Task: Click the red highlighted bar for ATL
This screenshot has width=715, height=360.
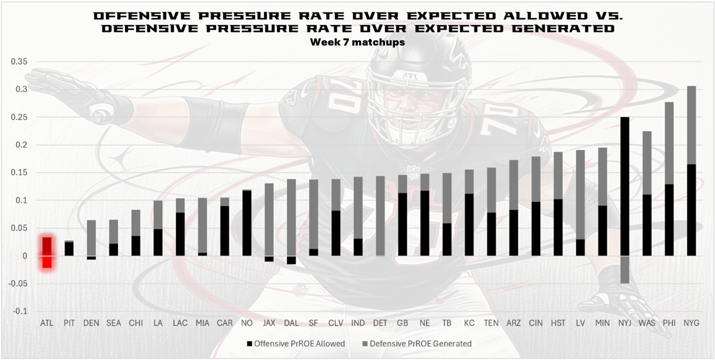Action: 47,252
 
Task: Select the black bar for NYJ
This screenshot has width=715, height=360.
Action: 625,186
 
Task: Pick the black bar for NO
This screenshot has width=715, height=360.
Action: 247,223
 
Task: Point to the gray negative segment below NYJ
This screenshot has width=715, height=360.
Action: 625,269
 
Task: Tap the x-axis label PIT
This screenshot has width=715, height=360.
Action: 69,323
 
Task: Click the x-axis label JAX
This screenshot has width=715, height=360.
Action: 269,323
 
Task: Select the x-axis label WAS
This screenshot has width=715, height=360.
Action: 647,323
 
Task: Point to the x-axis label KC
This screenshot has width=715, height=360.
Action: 469,323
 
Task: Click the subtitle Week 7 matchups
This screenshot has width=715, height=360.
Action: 357,42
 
